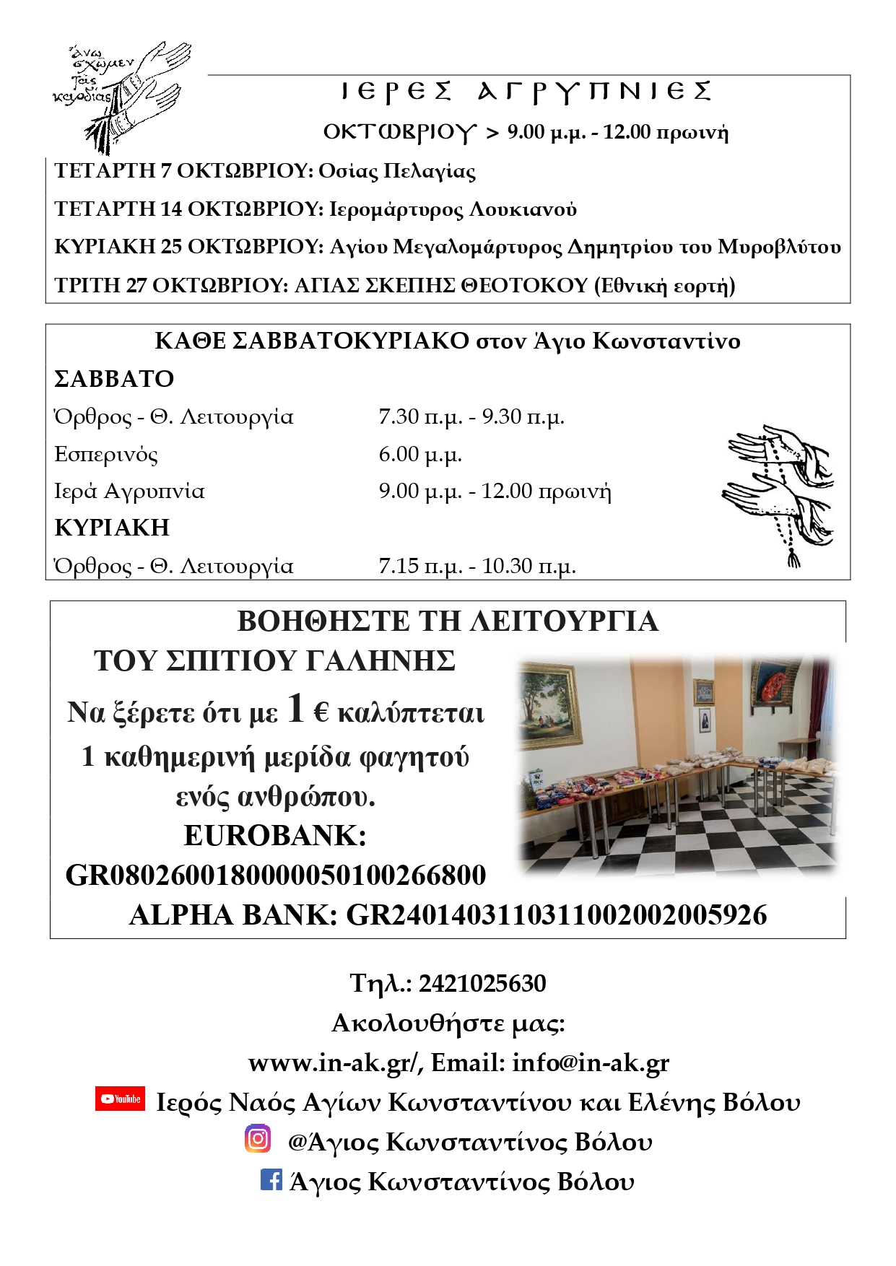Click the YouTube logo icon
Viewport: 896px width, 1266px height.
[120, 1099]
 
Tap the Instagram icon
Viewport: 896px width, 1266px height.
[258, 1138]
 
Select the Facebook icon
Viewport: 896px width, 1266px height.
[271, 1179]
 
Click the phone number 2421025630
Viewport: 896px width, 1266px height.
[482, 983]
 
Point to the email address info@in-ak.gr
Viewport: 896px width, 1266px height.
[591, 1062]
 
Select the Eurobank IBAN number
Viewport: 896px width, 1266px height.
[276, 876]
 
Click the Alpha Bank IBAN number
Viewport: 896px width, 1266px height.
[557, 915]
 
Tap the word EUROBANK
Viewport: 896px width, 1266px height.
[275, 836]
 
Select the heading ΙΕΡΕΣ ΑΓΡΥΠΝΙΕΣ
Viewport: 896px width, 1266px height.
[526, 92]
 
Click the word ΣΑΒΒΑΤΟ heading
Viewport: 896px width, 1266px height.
[114, 379]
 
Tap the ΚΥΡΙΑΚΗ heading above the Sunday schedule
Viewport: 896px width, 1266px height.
[112, 528]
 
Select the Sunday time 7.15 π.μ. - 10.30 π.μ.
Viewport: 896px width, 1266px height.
[477, 566]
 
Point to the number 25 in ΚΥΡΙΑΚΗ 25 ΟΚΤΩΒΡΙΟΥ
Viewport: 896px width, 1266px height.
[171, 247]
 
